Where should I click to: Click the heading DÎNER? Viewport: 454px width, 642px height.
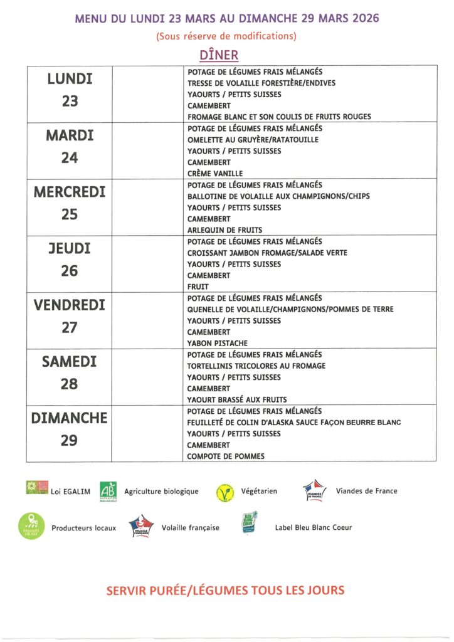(219, 55)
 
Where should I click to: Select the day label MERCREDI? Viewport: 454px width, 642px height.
(70, 192)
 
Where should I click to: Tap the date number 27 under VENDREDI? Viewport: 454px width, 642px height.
(70, 328)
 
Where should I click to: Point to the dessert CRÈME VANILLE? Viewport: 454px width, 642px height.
(215, 174)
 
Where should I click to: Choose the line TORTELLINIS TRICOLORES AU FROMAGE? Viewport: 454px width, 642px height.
(256, 366)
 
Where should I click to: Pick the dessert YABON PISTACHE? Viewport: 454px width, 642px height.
(218, 344)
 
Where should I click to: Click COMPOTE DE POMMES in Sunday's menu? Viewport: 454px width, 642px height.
(226, 456)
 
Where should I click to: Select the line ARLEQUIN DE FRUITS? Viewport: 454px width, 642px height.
(224, 230)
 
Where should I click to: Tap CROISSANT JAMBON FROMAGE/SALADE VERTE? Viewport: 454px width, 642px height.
(267, 253)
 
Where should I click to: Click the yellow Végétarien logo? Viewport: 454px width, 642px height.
(224, 493)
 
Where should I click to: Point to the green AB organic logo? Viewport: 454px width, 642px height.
(108, 492)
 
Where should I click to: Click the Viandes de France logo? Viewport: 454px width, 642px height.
(314, 490)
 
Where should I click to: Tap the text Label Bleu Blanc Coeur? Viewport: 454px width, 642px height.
(314, 528)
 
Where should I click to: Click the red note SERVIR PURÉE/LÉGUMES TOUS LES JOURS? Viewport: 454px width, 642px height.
(226, 590)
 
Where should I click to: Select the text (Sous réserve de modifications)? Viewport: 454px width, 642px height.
(226, 36)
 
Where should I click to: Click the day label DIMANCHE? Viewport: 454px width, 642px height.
(70, 418)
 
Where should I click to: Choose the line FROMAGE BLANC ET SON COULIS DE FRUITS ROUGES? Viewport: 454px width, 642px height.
(279, 117)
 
